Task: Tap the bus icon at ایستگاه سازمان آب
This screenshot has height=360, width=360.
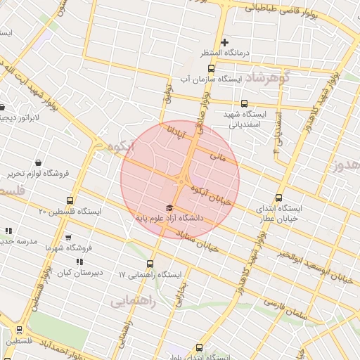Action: coord(212,68)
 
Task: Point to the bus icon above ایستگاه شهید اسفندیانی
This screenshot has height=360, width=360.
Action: coord(244,103)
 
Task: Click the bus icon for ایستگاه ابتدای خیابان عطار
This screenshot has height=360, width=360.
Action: coord(279,198)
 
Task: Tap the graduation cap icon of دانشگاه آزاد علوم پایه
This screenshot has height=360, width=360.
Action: coord(168,207)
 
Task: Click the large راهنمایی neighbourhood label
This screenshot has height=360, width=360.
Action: coord(131,301)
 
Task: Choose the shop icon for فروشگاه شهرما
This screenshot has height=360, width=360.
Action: coord(67,238)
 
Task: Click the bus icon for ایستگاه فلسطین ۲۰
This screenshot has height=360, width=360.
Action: coord(69,200)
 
